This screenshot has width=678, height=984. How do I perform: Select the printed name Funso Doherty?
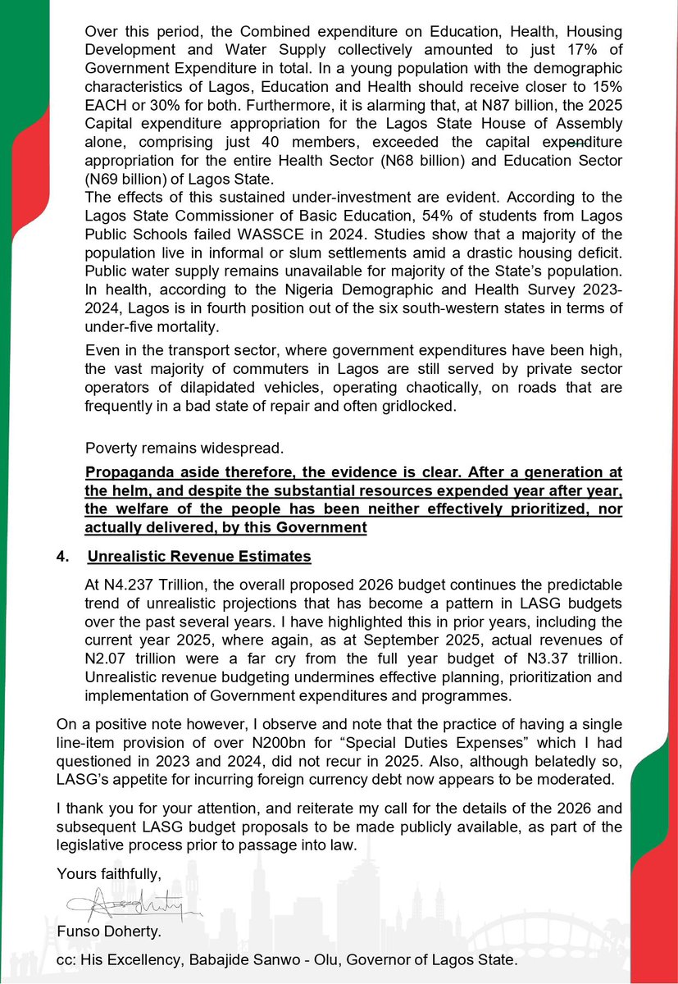click(107, 933)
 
